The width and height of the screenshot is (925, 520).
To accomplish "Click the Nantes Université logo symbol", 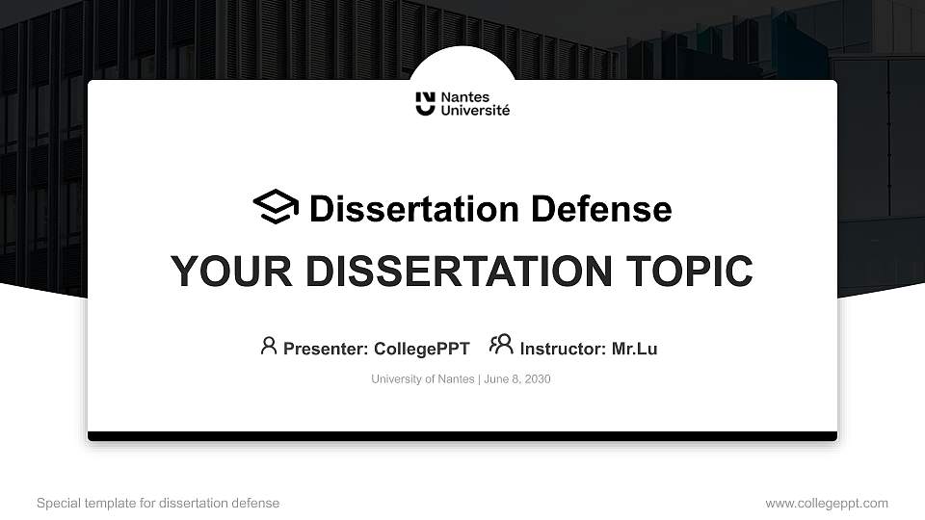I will [x=425, y=104].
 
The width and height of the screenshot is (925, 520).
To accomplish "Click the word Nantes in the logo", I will [x=464, y=97].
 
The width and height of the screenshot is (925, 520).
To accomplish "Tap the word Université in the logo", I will [x=475, y=111].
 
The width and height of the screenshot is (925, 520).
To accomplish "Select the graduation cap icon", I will [x=276, y=207].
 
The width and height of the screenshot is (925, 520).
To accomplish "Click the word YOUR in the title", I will [x=219, y=272].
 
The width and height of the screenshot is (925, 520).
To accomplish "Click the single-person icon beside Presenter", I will [x=269, y=346].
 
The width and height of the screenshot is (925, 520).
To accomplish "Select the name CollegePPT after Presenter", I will [x=421, y=349].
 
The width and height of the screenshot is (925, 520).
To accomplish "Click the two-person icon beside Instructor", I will [x=501, y=345].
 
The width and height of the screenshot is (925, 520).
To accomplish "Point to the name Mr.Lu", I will [x=634, y=349].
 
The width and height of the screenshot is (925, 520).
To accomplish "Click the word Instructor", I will [x=563, y=349].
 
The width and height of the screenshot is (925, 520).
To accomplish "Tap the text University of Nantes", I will [x=422, y=379].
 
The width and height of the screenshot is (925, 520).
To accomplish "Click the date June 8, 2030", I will [x=517, y=379].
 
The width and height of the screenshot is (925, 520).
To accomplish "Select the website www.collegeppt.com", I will [x=827, y=504].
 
